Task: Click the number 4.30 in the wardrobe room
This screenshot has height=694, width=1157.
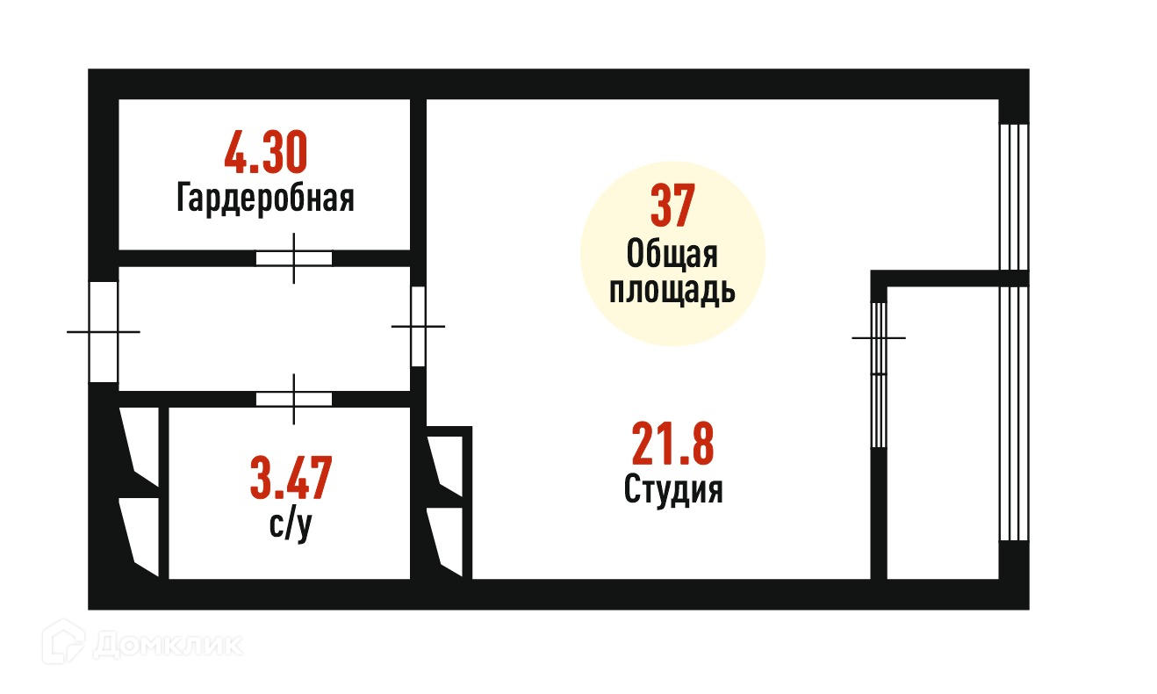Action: pos(265,152)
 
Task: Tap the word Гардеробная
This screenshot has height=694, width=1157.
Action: pos(265,198)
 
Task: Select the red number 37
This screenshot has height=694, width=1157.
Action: pos(672,206)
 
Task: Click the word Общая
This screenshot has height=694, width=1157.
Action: pos(672,255)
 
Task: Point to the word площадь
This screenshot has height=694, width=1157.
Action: pos(672,290)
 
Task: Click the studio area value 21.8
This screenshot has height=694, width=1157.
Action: pos(672,445)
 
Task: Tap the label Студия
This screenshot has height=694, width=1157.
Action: pos(673,489)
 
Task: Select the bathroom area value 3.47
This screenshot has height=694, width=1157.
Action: pos(291,478)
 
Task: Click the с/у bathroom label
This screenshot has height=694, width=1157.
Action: pos(291,526)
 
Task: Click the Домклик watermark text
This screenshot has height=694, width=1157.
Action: pos(167,646)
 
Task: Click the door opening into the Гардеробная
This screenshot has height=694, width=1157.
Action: pos(294,258)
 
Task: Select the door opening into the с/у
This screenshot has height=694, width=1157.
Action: pos(294,399)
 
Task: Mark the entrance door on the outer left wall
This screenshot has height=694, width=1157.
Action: pos(104,331)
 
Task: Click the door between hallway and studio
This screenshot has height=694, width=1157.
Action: pos(418,326)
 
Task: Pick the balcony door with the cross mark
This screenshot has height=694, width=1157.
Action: pos(879,375)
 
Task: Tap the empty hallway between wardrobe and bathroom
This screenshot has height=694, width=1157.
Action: pos(263,329)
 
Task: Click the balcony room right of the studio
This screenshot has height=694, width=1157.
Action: pos(943,430)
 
